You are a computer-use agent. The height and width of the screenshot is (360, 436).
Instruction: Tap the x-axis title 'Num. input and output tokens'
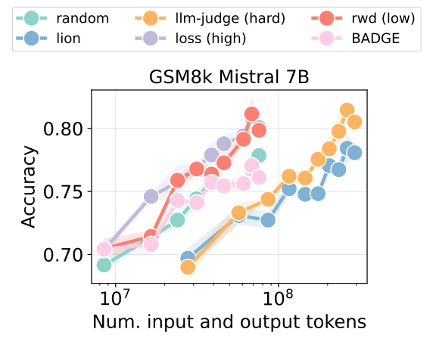tap(229, 321)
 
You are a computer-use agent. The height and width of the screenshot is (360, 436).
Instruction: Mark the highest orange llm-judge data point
tap(347, 111)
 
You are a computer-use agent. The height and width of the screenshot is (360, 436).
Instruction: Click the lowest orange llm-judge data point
tap(188, 266)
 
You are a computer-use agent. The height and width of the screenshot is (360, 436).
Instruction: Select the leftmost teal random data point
tap(104, 265)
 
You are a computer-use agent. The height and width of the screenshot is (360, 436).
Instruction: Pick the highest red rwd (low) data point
tap(252, 115)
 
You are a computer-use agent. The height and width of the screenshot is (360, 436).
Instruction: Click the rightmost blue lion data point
tap(353, 152)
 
